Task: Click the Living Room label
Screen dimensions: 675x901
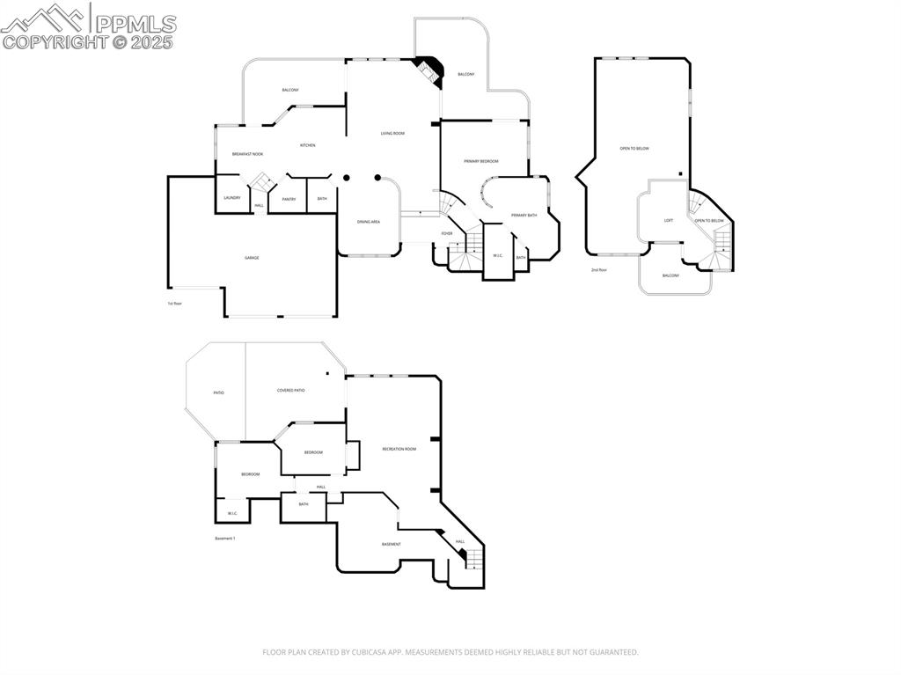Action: coord(392,134)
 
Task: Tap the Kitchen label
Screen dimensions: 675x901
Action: coord(307,145)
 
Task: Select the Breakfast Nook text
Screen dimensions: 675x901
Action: coord(247,154)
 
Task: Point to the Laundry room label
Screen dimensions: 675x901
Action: coord(232,198)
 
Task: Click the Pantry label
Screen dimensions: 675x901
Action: coord(289,199)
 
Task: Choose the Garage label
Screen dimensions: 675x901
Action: coord(252,258)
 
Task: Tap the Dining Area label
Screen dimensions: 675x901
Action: coord(369,222)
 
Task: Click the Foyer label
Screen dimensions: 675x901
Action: coord(447,233)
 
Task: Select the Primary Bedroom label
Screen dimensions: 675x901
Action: coord(481,161)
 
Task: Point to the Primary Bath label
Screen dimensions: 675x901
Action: coord(524,215)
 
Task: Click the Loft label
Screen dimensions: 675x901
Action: coord(669,220)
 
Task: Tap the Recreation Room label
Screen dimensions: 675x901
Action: coord(399,449)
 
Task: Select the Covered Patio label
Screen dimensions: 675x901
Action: coord(290,390)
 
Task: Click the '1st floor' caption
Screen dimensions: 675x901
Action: coord(174,304)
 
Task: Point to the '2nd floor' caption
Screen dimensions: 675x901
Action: coord(599,270)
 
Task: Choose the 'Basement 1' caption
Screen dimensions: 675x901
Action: coord(225,539)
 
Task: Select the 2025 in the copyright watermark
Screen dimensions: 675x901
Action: coord(151,41)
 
